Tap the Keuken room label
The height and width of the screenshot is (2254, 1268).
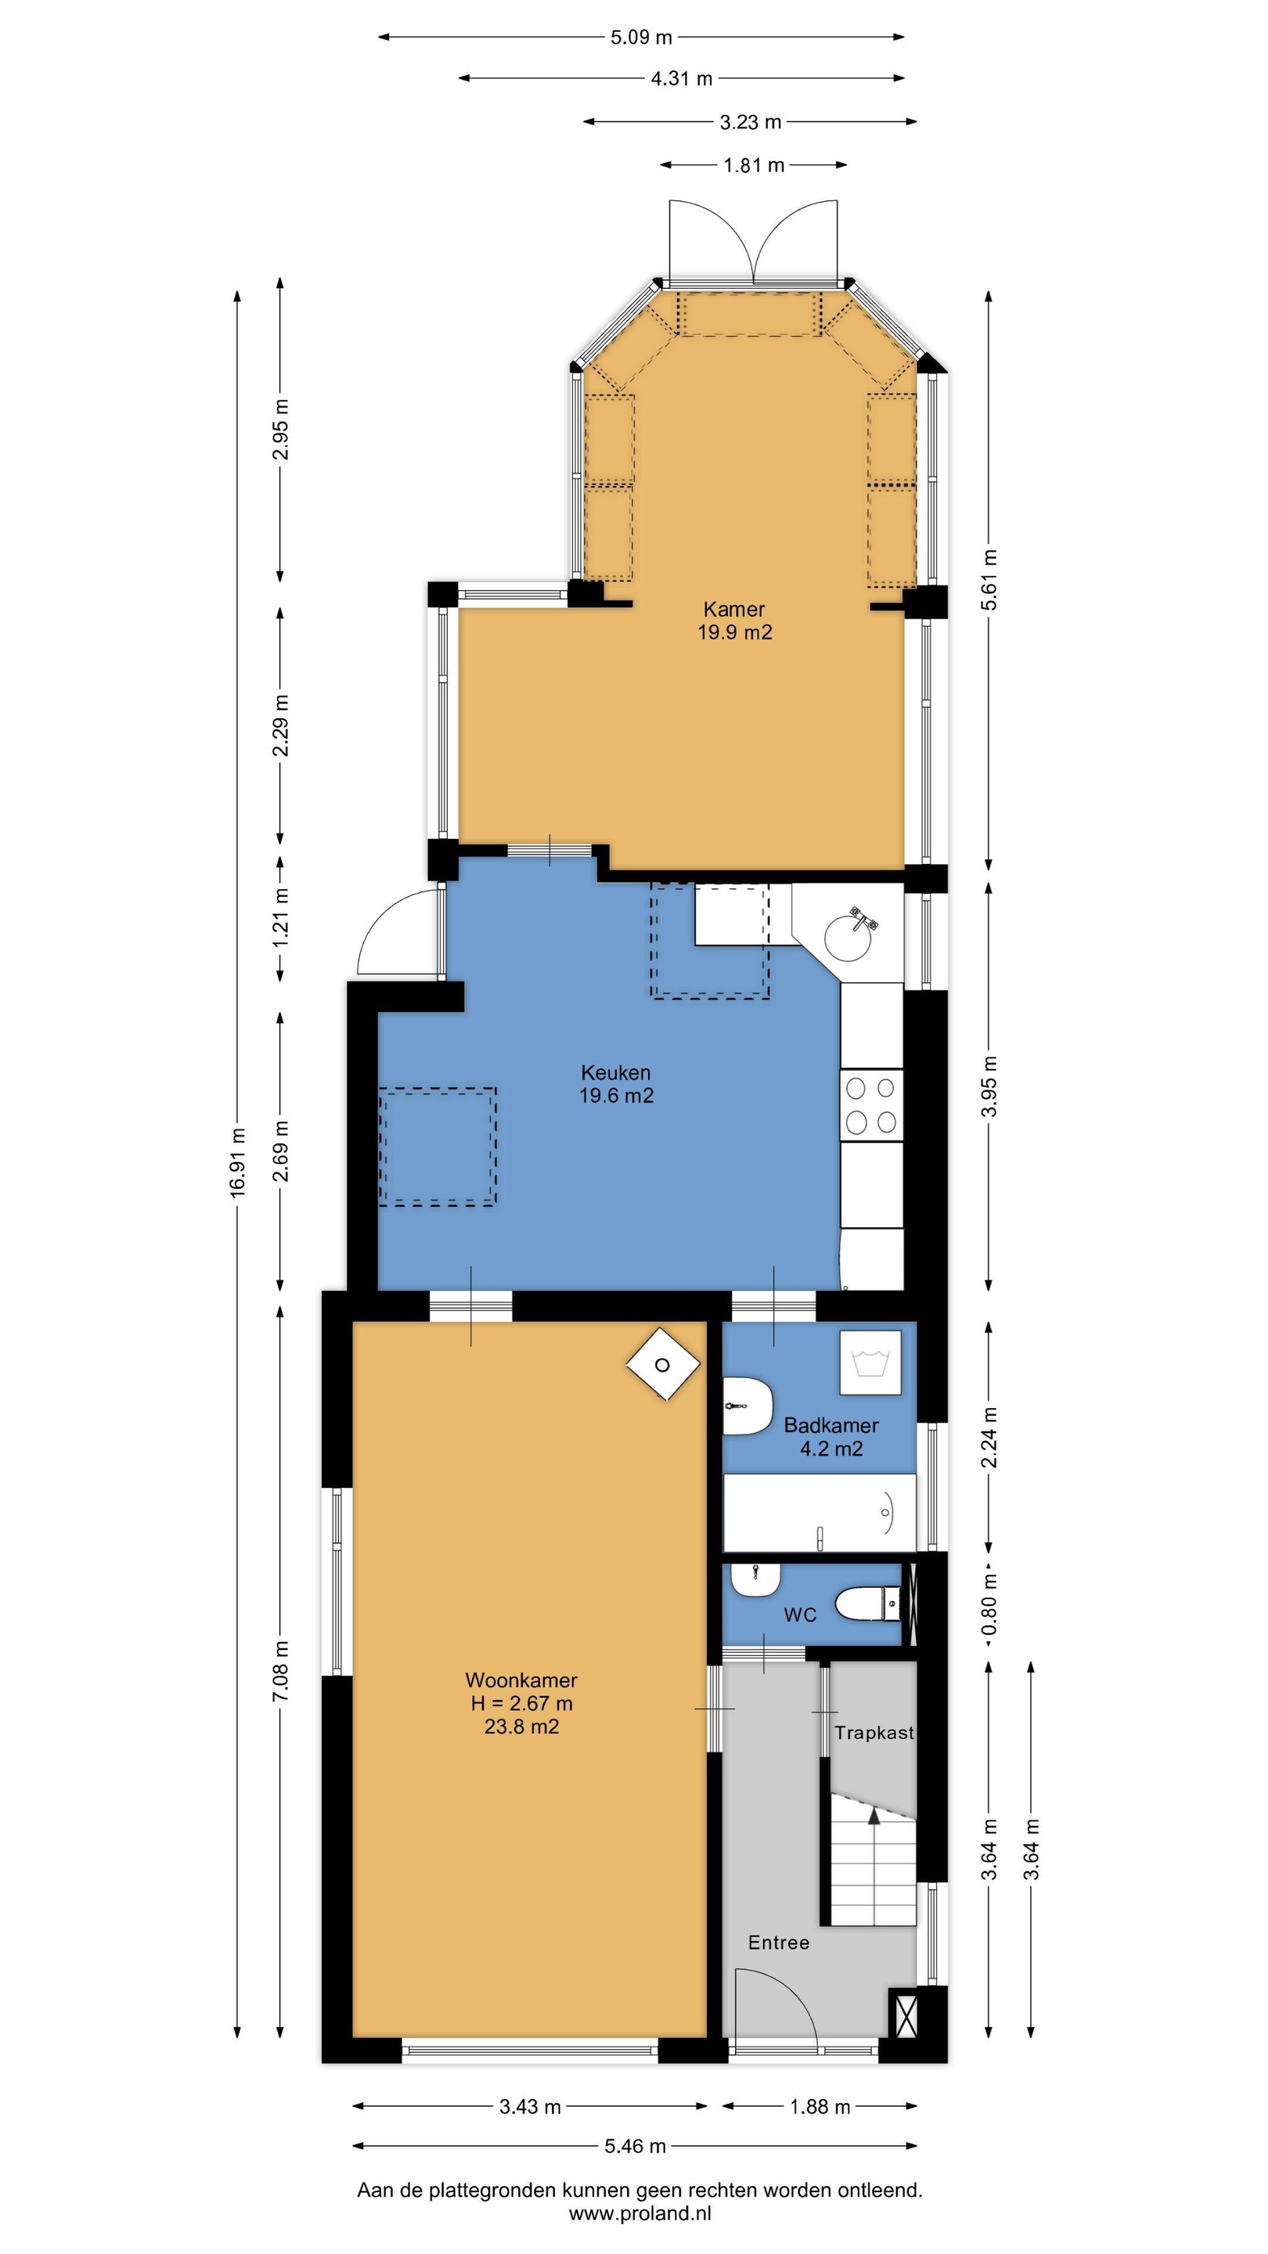616,1072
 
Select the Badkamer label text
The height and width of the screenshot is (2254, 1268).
831,1425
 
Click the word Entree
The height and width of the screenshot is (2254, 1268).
779,1943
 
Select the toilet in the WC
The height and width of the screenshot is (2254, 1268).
868,1604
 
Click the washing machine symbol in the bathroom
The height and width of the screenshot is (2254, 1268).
870,1363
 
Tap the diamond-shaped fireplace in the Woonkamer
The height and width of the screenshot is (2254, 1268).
662,1365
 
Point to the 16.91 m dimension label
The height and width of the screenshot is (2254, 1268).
237,1163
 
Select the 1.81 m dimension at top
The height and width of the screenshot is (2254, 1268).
754,164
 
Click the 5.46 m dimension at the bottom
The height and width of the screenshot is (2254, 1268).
636,2145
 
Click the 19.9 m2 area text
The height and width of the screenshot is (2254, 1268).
735,632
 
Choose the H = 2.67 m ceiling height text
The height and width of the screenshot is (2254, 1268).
521,1703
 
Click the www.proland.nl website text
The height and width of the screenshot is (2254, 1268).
639,2214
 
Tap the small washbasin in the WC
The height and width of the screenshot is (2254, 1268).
755,1579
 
